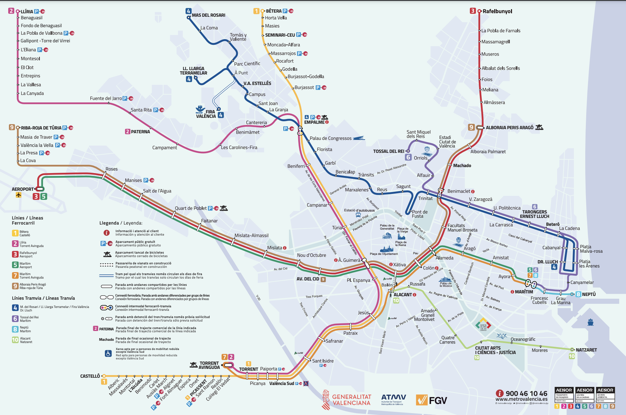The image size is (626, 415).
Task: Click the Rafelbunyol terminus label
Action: (x=497, y=11)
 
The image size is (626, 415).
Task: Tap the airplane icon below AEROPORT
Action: (x=19, y=195)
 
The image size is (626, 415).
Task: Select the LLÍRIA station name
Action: (x=27, y=11)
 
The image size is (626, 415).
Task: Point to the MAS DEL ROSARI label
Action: (x=208, y=15)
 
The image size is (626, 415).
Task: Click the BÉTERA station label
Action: (x=274, y=11)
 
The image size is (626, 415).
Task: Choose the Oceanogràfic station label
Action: (x=523, y=339)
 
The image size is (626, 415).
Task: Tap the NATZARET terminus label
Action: (x=586, y=350)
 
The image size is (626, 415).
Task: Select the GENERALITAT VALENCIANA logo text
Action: (x=351, y=400)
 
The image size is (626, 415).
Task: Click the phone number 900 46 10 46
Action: (x=526, y=394)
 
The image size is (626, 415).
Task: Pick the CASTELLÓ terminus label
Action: (x=90, y=376)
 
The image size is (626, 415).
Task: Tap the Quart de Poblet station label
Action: (x=190, y=208)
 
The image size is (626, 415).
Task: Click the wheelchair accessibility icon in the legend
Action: (x=108, y=353)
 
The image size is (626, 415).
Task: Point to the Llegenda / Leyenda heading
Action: (x=121, y=223)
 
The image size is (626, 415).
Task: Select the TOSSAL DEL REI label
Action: (x=388, y=151)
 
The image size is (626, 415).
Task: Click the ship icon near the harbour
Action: (x=591, y=322)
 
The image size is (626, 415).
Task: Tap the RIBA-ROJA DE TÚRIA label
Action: (x=41, y=128)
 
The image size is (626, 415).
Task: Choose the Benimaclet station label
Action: (x=459, y=191)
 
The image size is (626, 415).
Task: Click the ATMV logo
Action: (x=393, y=398)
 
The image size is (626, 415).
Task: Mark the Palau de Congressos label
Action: (x=330, y=138)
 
